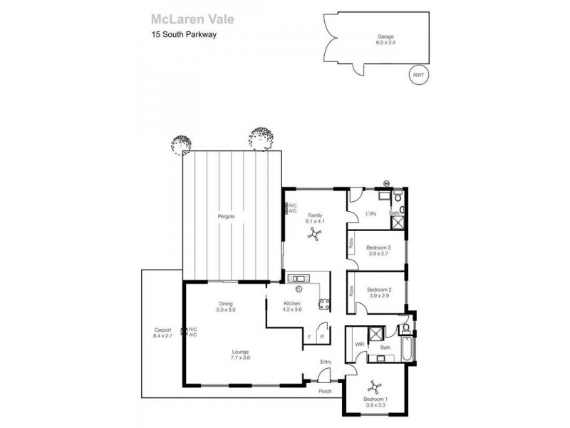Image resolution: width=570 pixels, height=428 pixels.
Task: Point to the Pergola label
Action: click(x=227, y=215)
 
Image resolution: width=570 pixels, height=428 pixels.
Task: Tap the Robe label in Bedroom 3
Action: click(x=352, y=243)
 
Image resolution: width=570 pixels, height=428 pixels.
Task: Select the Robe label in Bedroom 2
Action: click(x=352, y=291)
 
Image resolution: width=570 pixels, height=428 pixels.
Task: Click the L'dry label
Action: click(x=370, y=214)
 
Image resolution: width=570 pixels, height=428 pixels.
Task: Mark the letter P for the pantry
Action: click(x=322, y=336)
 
